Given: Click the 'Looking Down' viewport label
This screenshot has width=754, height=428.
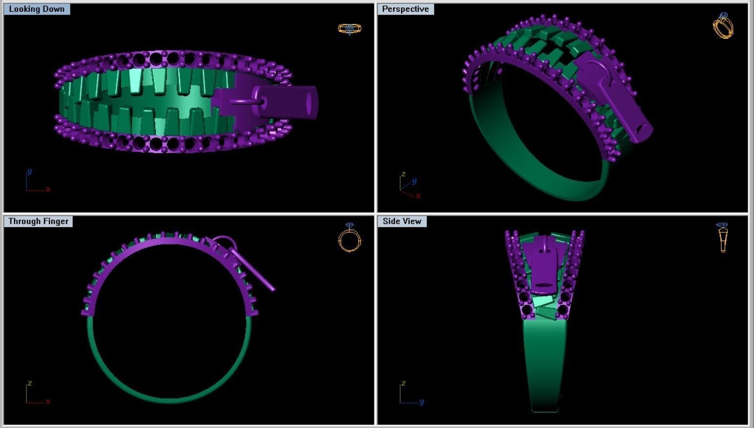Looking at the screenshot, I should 37,9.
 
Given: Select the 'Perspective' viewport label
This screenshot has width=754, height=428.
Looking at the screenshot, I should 405,9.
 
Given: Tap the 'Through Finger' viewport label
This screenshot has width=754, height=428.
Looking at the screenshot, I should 38,222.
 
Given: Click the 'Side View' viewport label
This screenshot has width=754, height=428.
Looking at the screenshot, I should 402,222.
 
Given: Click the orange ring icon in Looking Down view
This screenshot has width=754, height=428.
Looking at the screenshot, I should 349,29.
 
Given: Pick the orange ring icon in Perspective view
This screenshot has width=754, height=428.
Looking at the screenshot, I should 723,25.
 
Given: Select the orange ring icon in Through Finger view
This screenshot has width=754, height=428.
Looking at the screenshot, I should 349,238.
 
